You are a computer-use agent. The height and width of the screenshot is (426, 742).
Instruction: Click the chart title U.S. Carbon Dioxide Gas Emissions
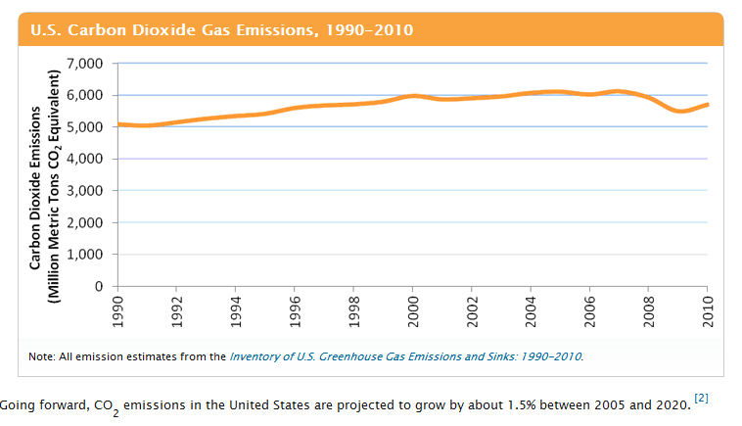pyautogui.click(x=221, y=29)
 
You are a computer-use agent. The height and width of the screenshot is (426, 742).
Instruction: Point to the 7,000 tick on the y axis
pyautogui.click(x=85, y=64)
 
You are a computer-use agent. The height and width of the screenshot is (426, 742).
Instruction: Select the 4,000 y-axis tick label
pyautogui.click(x=85, y=159)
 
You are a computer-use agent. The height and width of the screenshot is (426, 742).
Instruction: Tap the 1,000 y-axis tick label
pyautogui.click(x=85, y=255)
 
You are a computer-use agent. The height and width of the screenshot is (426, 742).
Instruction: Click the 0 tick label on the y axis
pyautogui.click(x=99, y=287)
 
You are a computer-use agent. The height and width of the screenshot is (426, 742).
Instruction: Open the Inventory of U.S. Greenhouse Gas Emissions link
pyautogui.click(x=405, y=355)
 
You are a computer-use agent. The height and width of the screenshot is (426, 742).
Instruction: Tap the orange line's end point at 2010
pyautogui.click(x=707, y=105)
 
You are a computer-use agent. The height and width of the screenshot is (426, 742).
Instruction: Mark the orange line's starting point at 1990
pyautogui.click(x=118, y=124)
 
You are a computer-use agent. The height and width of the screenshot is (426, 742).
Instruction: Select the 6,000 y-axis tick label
pyautogui.click(x=85, y=95)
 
